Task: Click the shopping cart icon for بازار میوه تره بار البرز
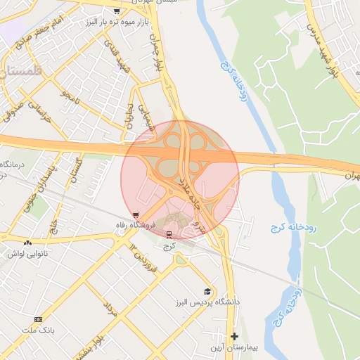point(116,11)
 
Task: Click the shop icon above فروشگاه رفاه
point(136,215)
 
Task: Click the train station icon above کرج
point(168,234)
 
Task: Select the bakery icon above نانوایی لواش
point(27,243)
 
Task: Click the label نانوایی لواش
point(27,253)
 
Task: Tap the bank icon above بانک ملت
point(38,319)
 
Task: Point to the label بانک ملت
point(38,329)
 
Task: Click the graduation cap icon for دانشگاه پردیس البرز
point(207,291)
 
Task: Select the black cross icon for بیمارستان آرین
point(234,336)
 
